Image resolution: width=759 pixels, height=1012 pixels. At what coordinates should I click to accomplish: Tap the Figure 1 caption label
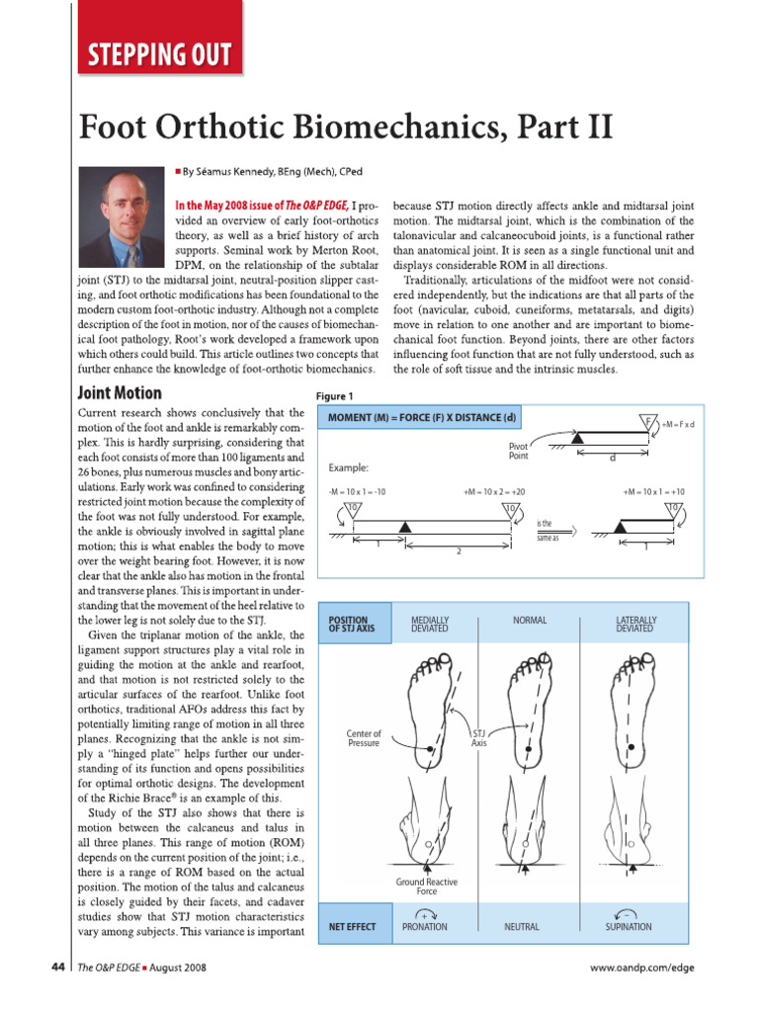tap(334, 395)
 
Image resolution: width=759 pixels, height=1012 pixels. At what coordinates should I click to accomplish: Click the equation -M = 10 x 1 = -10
tap(356, 491)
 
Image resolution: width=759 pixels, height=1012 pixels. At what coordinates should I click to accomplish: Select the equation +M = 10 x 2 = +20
tap(493, 491)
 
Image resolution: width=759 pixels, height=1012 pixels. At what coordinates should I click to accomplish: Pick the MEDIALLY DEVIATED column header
tap(429, 624)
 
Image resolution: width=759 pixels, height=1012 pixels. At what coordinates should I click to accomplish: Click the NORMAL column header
tap(530, 620)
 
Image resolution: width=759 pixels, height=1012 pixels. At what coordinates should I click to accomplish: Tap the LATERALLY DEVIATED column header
tap(634, 624)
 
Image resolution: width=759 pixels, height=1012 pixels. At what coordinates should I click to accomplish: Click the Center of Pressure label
tap(364, 738)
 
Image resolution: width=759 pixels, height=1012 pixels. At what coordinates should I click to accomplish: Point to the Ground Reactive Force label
tap(426, 885)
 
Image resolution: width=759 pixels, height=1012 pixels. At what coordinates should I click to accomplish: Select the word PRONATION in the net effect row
tap(425, 927)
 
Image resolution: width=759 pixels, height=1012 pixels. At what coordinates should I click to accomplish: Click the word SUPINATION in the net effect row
tap(629, 927)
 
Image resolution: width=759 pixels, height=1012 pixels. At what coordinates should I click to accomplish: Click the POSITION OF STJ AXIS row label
tap(352, 624)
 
